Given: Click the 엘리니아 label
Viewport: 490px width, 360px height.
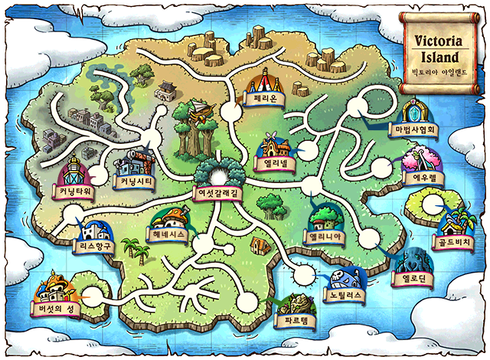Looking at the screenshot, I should [328, 237].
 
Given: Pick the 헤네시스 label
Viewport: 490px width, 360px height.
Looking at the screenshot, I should [165, 234].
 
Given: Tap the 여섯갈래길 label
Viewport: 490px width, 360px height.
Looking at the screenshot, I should [218, 195].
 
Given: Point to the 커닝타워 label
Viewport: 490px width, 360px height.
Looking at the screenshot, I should [73, 190].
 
